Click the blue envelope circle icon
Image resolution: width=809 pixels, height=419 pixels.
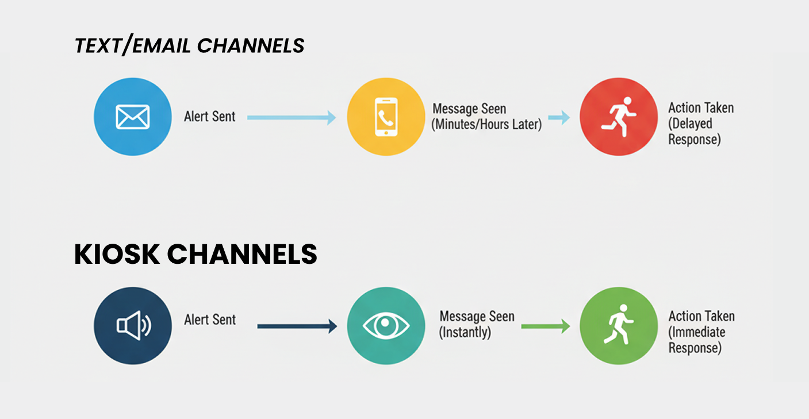[132, 117]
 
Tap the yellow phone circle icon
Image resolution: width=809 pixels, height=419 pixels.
[386, 117]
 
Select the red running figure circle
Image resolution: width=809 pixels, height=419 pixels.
[619, 117]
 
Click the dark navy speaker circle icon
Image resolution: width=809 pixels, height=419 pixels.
[132, 326]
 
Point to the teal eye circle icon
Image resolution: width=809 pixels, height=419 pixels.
[386, 326]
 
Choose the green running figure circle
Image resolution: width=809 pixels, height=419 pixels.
[619, 326]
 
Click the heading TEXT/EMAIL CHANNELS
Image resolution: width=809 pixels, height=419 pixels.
[189, 46]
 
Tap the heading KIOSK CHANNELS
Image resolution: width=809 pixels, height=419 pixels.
[195, 254]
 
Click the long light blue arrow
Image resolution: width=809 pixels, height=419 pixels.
[291, 117]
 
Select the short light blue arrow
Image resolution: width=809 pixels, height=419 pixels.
[558, 118]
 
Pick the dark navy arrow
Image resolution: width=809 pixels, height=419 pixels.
[297, 326]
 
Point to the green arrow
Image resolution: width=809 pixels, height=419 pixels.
[545, 326]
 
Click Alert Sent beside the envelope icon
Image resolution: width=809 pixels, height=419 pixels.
[209, 117]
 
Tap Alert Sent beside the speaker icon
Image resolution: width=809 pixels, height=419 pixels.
[209, 320]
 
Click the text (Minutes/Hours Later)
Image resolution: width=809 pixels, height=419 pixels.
[486, 124]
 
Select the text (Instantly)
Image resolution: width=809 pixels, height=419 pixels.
[465, 332]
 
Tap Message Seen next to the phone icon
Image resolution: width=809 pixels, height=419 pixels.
[469, 109]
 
